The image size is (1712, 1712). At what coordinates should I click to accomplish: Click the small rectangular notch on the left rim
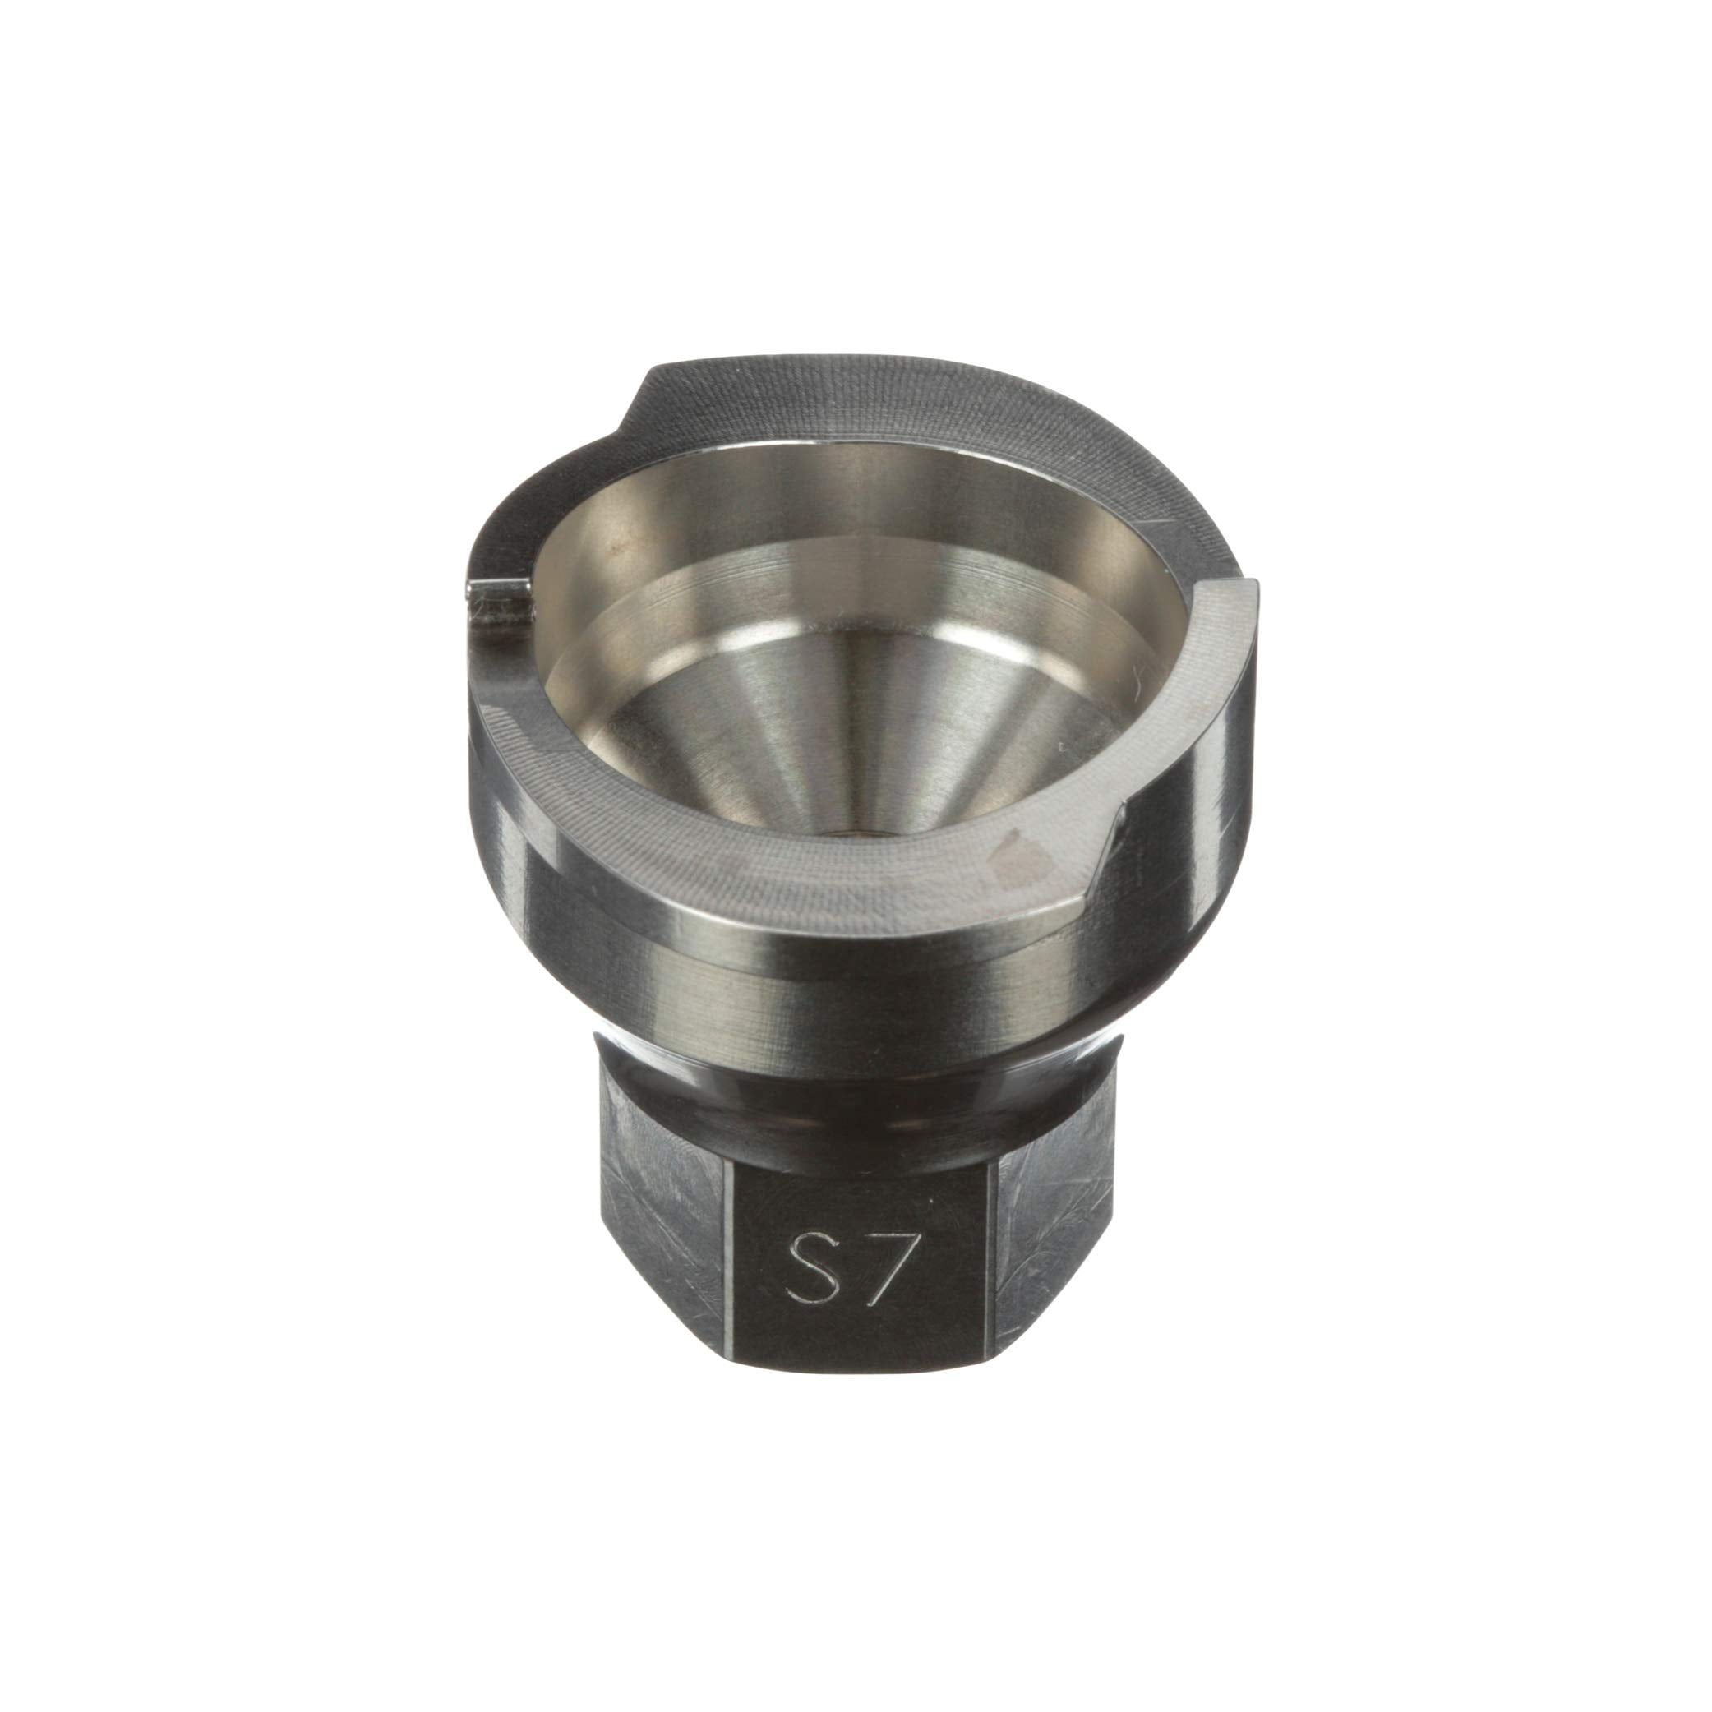tap(501, 604)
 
